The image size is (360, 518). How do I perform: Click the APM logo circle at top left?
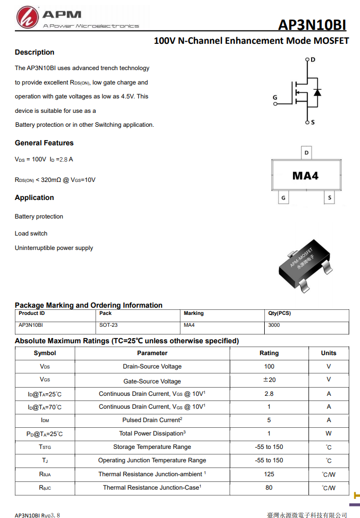(x=27, y=18)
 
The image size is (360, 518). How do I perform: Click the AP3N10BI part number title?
(x=312, y=25)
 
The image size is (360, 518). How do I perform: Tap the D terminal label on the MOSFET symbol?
(x=313, y=60)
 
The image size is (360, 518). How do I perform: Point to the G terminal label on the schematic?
(x=275, y=97)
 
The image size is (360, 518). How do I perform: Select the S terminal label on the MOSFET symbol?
(x=313, y=122)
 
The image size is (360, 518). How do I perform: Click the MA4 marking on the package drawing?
(x=305, y=176)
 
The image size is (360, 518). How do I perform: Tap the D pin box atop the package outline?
(x=307, y=153)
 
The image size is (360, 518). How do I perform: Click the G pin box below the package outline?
(x=283, y=198)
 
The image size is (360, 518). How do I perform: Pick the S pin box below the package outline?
(x=330, y=198)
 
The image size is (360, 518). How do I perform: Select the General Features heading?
(x=44, y=143)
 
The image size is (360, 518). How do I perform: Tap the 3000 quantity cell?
(x=274, y=325)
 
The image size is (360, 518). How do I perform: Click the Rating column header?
(x=269, y=353)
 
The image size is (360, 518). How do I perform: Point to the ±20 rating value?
(x=269, y=380)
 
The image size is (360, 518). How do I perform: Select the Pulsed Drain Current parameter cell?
(x=152, y=420)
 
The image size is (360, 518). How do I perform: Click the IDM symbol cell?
(x=45, y=421)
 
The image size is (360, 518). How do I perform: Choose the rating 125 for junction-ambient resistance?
(x=269, y=474)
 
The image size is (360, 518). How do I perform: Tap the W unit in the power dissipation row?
(x=329, y=433)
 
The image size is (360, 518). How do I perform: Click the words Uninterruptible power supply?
(x=54, y=248)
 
